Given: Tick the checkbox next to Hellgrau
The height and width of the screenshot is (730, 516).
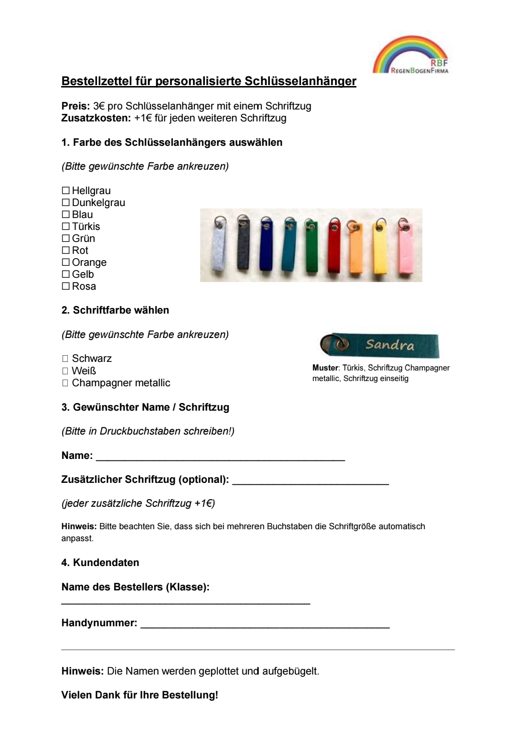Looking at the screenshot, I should pos(65,191).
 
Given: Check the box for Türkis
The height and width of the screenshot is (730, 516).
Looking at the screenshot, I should pos(65,227).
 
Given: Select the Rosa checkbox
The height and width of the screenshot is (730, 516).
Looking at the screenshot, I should pos(65,286).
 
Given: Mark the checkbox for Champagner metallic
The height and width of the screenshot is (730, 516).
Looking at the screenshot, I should pos(65,383).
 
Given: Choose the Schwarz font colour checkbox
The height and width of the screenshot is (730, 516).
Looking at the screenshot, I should pos(65,359).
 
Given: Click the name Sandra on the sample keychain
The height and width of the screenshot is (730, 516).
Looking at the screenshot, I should pos(390,345).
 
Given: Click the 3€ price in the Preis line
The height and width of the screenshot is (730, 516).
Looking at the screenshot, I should pos(99,106).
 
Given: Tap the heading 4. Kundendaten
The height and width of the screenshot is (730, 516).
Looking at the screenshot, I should pos(100,563).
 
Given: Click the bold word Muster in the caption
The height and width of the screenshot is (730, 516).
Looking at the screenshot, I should pos(325,368).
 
